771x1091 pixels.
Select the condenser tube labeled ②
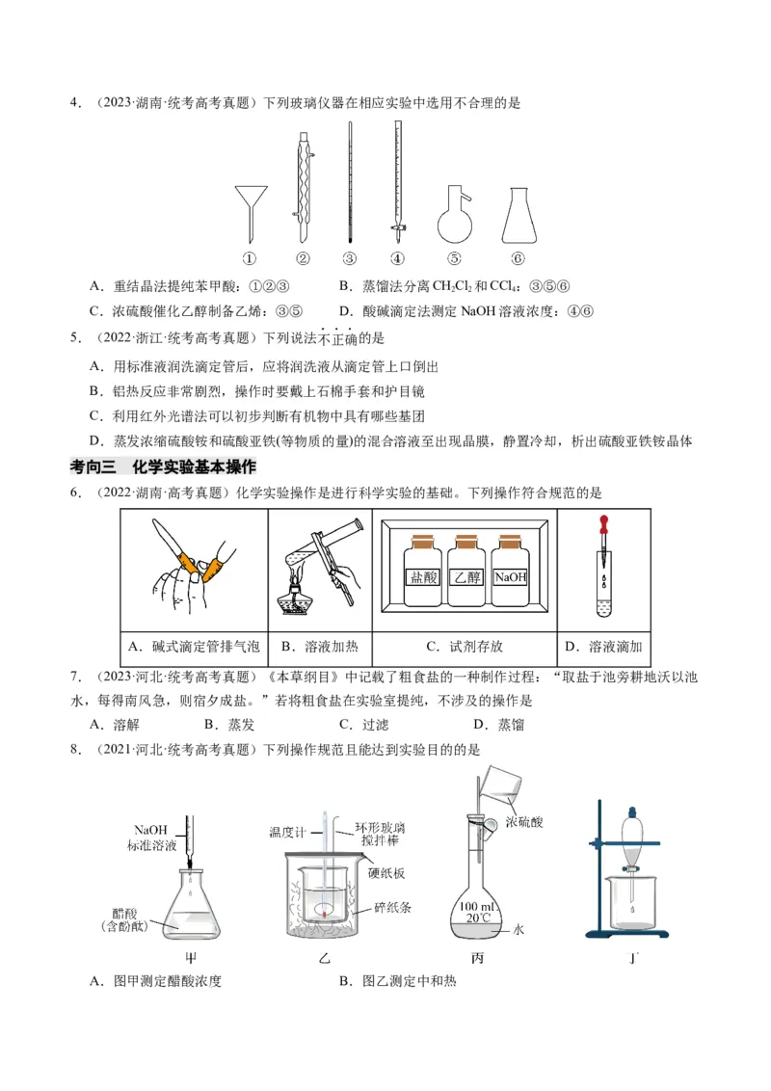(x=303, y=188)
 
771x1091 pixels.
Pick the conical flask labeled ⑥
(x=518, y=216)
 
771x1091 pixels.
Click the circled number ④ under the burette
(x=397, y=258)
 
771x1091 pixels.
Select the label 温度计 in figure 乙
(x=287, y=831)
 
